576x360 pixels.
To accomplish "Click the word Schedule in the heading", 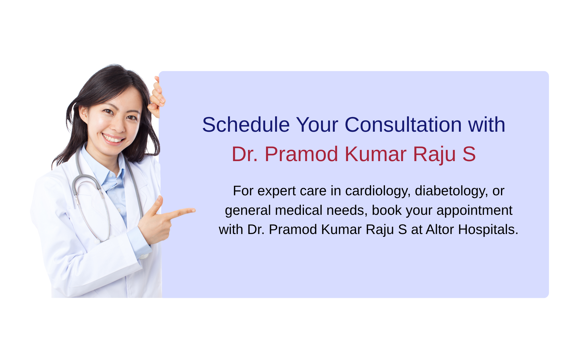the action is (246, 124).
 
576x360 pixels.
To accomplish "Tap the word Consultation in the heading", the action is (403, 124).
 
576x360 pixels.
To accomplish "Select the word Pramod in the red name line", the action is (301, 154).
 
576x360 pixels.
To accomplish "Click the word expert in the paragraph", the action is (277, 191).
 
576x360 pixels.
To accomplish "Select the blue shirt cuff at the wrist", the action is (139, 242).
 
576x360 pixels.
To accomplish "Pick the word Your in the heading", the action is (317, 124).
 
